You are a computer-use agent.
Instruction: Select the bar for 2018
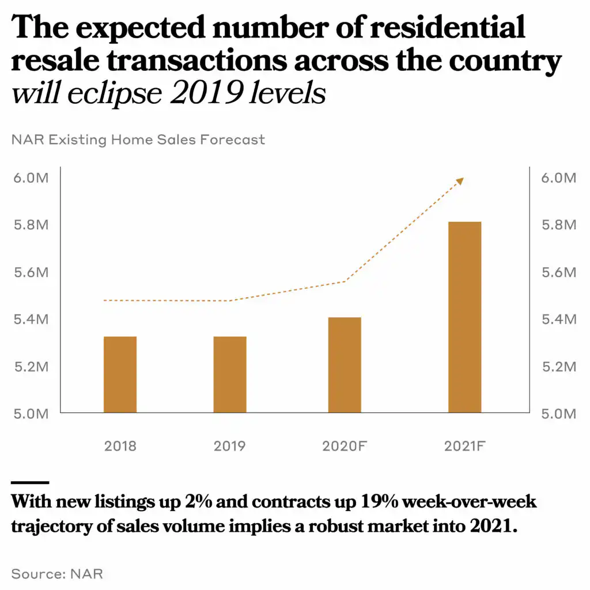pyautogui.click(x=120, y=375)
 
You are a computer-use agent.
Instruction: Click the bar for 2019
pyautogui.click(x=230, y=375)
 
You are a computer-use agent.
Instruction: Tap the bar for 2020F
pyautogui.click(x=345, y=365)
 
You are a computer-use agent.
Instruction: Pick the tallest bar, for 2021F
pyautogui.click(x=464, y=317)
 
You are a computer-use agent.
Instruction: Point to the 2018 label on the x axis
pyautogui.click(x=120, y=446)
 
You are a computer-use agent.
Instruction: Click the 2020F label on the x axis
pyautogui.click(x=345, y=446)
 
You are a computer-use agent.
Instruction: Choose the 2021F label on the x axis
pyautogui.click(x=464, y=446)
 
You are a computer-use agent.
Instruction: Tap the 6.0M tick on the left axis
pyautogui.click(x=30, y=177)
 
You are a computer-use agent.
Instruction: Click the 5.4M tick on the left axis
pyautogui.click(x=30, y=319)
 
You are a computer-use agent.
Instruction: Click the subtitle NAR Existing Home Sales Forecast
pyautogui.click(x=138, y=139)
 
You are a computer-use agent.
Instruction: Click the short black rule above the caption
pyautogui.click(x=30, y=482)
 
